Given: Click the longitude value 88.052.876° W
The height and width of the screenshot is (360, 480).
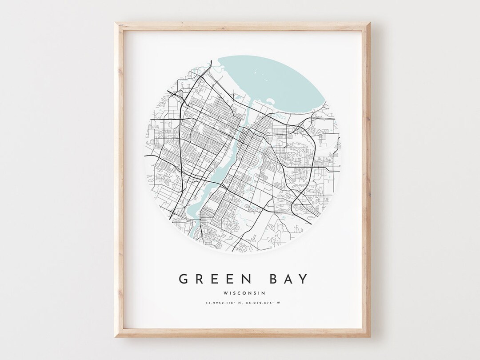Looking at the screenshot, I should (x=265, y=304).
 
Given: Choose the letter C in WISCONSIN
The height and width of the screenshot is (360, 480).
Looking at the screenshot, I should (x=238, y=293).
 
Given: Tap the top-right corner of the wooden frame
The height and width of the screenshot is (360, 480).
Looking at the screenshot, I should (x=371, y=23).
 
